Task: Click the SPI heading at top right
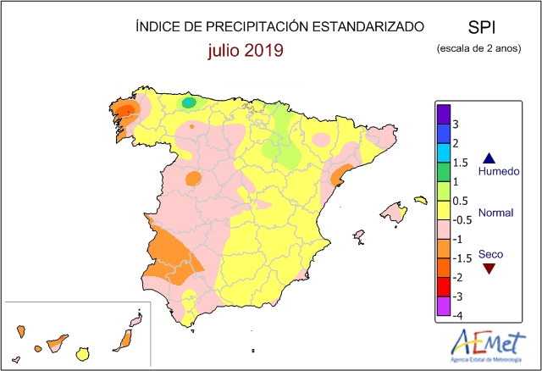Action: coord(482,27)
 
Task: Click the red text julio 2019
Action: coord(246,50)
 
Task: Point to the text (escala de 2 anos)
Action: coord(478,48)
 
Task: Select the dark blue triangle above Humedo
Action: coord(489,158)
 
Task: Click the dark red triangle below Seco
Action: coord(489,269)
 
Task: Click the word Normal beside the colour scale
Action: coord(495,213)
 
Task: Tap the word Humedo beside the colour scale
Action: coord(499,171)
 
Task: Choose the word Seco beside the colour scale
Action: coord(490,254)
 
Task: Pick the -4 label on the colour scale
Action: coord(457,315)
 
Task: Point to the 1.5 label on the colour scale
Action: coord(460,163)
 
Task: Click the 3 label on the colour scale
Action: coord(456,125)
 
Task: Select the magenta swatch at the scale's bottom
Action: coord(444,307)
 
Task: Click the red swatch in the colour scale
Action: coord(444,287)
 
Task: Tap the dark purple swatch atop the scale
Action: coord(444,114)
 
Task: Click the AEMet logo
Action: coord(488,346)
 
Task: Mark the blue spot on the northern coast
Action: coord(188,102)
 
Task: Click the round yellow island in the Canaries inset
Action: coord(83,354)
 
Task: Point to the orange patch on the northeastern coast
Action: coord(340,174)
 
